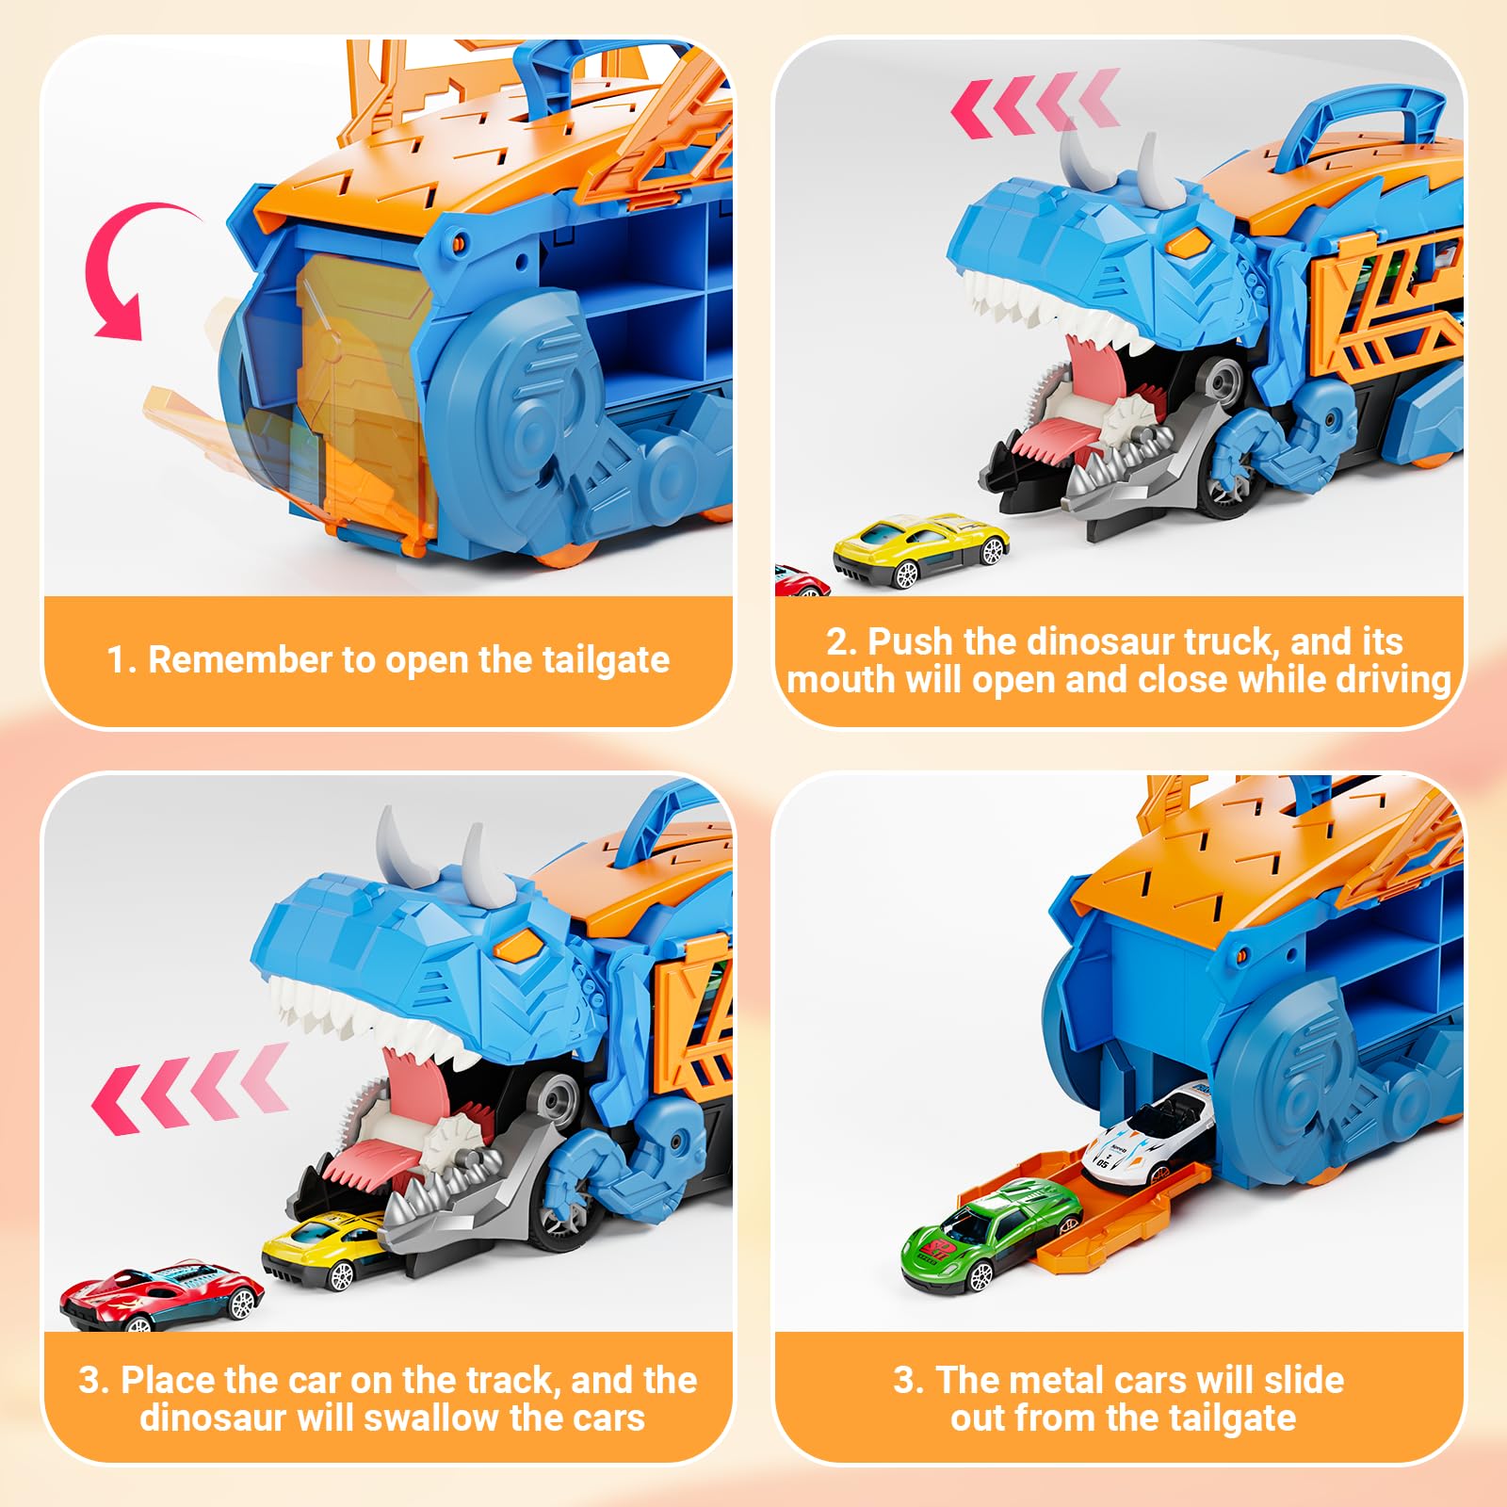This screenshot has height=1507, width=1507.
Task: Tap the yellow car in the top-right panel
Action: (920, 551)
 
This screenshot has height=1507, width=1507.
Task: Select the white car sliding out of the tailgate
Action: (1147, 1133)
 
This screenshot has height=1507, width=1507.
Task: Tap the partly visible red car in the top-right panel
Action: (801, 580)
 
